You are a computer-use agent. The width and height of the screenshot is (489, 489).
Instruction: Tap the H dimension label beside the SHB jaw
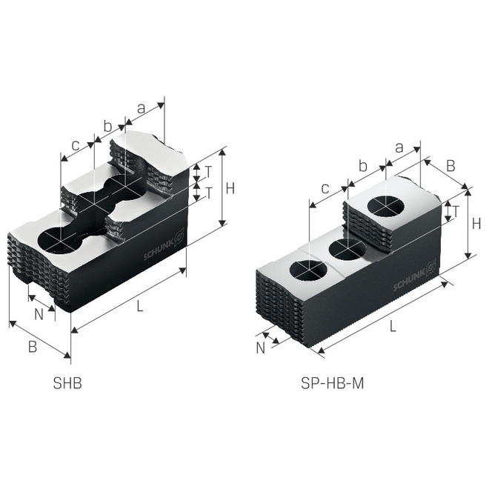[230, 188]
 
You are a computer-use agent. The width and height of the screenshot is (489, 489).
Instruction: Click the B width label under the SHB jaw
[33, 347]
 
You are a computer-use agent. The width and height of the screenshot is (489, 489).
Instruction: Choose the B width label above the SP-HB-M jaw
[451, 167]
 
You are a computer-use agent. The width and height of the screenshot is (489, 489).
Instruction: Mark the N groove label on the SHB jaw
[39, 313]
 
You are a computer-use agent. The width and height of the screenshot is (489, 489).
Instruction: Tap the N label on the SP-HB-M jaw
[260, 346]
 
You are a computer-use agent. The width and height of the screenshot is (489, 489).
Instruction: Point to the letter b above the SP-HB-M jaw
[362, 166]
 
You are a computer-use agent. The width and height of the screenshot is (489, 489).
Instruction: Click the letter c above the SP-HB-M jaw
[325, 189]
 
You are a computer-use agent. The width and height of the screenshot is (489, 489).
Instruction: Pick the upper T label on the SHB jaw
[209, 171]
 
